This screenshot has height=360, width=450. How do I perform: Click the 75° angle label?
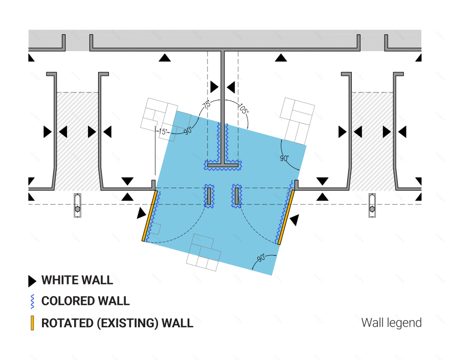(207, 104)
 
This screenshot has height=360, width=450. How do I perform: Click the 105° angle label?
(243, 109)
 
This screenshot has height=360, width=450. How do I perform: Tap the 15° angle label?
(163, 131)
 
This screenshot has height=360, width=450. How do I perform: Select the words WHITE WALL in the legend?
(77, 280)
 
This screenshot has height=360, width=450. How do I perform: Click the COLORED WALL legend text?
(85, 301)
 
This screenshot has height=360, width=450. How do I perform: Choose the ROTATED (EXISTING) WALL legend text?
(117, 323)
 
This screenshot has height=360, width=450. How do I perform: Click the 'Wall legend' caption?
(392, 323)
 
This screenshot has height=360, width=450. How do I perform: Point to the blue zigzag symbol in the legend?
(32, 301)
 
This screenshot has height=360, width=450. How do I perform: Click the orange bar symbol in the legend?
(32, 323)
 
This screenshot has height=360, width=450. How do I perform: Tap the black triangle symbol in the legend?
(32, 281)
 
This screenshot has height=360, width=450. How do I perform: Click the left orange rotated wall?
(149, 216)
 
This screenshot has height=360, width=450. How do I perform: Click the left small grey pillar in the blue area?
(209, 196)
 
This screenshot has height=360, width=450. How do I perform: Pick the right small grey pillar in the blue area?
(236, 196)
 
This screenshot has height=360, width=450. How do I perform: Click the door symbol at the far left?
(78, 206)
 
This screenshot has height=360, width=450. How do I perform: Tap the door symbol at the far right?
(372, 206)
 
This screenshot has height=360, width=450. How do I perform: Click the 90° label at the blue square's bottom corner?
(261, 258)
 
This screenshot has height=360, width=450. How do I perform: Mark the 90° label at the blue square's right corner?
(284, 158)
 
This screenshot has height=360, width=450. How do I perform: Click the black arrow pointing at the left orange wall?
(141, 213)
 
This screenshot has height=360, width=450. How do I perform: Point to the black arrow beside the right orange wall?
(295, 220)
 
